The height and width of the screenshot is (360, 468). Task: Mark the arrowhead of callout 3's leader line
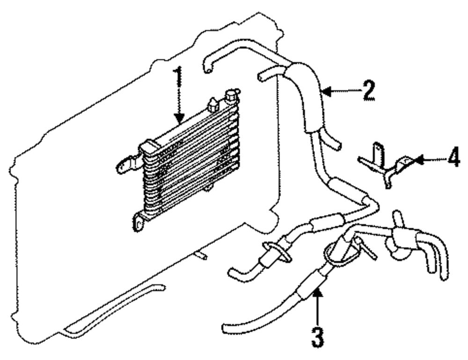(x=317, y=293)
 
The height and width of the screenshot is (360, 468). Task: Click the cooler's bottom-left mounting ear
(x=139, y=221)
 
